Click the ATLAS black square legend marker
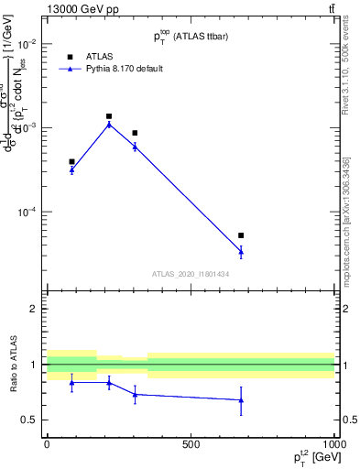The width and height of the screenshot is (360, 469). [x=71, y=57]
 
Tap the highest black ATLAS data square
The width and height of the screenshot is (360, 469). [x=109, y=116]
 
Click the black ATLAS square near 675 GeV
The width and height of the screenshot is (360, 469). [x=241, y=235]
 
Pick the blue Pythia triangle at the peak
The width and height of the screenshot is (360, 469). [x=109, y=124]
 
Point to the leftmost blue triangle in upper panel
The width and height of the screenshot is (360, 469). [x=71, y=169]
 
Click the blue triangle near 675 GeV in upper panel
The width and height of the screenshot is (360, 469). [x=241, y=250]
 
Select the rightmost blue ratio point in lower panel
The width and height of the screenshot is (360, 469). [x=241, y=400]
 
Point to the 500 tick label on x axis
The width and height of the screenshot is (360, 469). [x=191, y=443]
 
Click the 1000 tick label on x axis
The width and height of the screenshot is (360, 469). [x=334, y=443]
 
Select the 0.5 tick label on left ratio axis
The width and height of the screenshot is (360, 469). [x=30, y=420]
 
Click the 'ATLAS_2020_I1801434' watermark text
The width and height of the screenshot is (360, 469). [x=191, y=274]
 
